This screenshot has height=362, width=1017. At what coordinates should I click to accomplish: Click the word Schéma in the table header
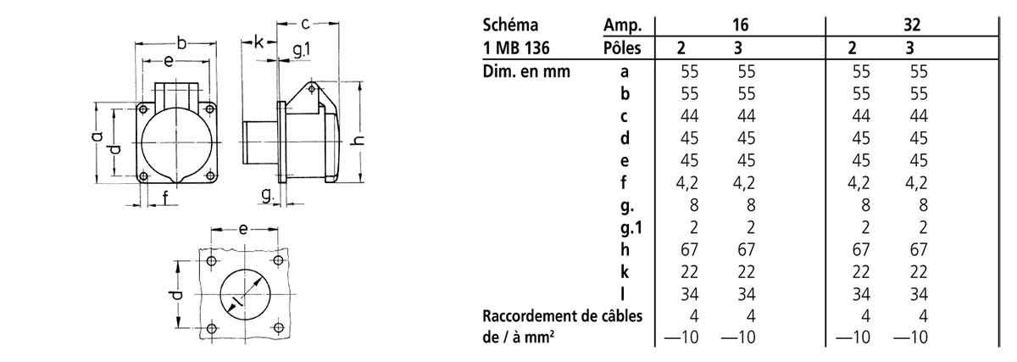510,25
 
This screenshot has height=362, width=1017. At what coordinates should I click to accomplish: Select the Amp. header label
622,25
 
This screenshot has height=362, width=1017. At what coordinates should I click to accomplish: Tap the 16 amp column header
740,25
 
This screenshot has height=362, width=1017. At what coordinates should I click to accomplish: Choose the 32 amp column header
912,25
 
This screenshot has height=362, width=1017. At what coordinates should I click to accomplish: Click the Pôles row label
622,47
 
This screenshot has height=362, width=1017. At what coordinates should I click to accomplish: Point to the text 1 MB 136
516,47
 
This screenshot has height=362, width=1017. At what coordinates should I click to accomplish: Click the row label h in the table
625,249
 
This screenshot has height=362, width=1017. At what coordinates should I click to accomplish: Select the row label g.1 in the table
631,228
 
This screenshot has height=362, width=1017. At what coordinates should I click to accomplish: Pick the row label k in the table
625,271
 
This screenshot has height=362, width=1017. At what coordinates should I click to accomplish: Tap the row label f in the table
624,182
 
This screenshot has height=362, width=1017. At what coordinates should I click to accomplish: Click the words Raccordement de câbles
563,316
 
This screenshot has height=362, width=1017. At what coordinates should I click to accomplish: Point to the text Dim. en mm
526,71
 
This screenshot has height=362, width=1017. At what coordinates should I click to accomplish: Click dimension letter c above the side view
306,23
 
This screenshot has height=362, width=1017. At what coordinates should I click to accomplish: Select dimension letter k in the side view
258,42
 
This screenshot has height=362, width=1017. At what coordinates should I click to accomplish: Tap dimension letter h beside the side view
358,139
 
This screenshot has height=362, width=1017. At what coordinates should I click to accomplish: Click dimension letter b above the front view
181,43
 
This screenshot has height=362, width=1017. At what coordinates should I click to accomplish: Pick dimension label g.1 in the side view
302,50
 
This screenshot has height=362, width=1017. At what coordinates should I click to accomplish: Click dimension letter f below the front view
165,198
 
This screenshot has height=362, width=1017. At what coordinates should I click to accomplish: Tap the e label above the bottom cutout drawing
243,230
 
